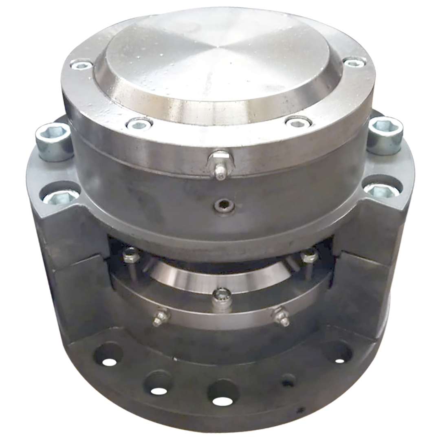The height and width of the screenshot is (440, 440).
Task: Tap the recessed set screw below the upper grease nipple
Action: [224, 206]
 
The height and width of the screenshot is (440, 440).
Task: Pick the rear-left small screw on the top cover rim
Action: [81, 64]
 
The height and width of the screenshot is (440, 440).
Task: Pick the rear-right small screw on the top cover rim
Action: [354, 62]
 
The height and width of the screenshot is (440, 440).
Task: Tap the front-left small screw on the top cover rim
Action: [139, 124]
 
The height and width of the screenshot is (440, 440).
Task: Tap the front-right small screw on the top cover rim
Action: [298, 122]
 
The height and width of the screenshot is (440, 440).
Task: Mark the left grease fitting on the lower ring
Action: [161, 317]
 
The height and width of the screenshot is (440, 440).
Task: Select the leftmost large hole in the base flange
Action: [108, 354]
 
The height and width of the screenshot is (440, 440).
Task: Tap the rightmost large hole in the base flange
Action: [338, 351]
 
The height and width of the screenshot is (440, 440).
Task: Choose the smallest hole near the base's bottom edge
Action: [301, 409]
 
